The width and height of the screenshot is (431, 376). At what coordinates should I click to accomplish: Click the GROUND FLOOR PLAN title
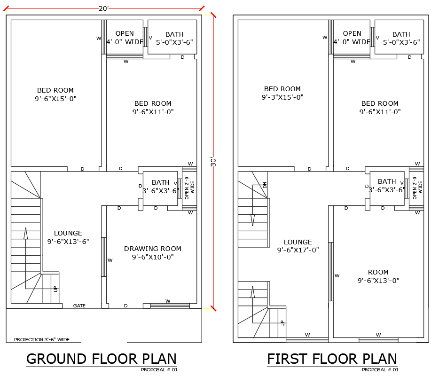102,359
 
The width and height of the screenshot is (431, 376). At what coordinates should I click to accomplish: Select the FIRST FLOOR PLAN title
332,359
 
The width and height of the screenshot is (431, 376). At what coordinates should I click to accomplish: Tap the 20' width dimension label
103,8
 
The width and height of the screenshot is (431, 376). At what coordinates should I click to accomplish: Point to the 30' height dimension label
213,161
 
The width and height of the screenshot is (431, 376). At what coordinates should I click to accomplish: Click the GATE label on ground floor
79,306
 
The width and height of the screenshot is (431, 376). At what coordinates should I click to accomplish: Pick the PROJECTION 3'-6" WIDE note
42,339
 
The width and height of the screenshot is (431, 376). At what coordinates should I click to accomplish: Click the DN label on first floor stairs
265,185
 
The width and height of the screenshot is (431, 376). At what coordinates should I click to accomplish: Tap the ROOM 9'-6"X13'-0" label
378,276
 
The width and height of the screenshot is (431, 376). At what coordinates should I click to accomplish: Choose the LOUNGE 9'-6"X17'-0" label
298,246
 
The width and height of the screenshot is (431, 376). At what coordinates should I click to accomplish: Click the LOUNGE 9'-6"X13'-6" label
68,237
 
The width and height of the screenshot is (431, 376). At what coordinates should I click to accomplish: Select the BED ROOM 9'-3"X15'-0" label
282,93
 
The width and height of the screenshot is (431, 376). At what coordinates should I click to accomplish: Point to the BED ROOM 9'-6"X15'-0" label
55,94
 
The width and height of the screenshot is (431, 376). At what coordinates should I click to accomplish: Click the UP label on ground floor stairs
55,288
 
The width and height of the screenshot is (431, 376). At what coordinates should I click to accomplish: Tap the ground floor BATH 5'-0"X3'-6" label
174,38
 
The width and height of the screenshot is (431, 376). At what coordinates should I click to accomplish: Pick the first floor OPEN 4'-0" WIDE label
352,38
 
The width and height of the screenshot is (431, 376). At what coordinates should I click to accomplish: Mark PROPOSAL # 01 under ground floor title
159,370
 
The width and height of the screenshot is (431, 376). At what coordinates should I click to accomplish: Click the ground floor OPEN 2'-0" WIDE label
189,187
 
